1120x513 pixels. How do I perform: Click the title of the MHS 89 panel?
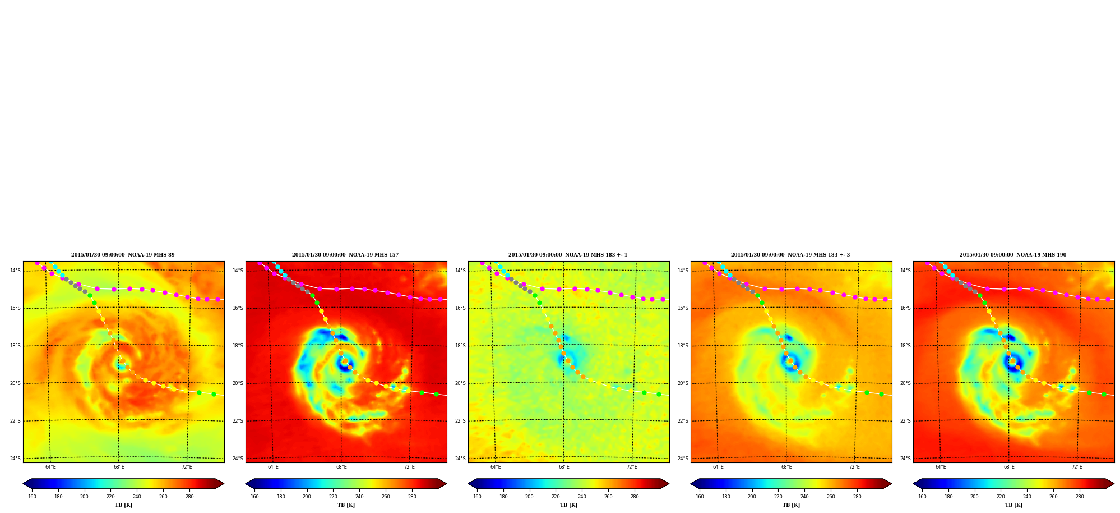[x=123, y=255]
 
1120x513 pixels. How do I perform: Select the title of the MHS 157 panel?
[x=345, y=255]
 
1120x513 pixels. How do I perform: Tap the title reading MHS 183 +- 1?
[x=568, y=255]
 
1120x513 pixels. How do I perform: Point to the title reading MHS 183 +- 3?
[x=790, y=255]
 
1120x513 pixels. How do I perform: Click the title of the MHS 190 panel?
[x=1013, y=255]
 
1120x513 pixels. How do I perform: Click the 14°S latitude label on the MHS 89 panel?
[x=15, y=271]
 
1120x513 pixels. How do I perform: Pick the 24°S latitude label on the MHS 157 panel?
[x=238, y=459]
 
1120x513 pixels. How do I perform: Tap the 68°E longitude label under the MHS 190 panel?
[x=1009, y=467]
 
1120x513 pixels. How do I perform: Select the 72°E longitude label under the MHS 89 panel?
[x=187, y=467]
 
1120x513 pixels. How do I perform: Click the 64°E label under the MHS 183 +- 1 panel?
[x=496, y=467]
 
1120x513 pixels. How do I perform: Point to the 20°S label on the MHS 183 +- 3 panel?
[x=683, y=383]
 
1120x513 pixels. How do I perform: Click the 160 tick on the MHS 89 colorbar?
[x=32, y=497]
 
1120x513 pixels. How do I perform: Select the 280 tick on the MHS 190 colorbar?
[x=1080, y=497]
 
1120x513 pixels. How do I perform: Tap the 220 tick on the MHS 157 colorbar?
[x=333, y=497]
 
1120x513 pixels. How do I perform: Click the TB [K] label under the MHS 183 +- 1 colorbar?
[x=568, y=505]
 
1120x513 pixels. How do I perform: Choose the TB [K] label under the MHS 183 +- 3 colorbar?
[x=791, y=505]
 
